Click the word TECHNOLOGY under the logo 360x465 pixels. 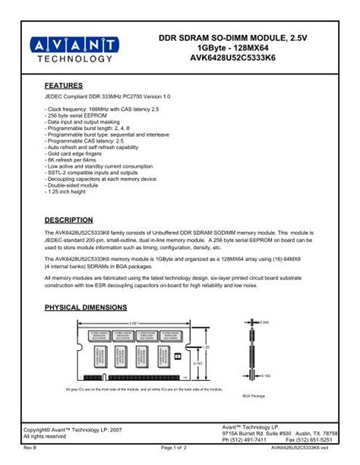click(x=73, y=59)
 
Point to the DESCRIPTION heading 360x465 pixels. click(x=69, y=220)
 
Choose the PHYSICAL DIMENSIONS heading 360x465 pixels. click(x=86, y=307)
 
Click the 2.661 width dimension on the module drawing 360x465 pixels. click(x=134, y=323)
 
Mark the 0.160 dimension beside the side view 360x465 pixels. click(x=265, y=375)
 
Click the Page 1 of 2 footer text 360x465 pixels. click(x=178, y=455)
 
